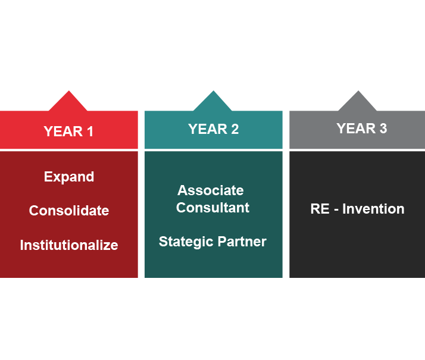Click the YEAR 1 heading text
point(68,132)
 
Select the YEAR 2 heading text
point(214,129)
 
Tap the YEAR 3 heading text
point(362,129)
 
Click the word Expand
point(69,177)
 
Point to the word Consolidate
point(69,211)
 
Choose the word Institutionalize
point(69,245)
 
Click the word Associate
point(211,190)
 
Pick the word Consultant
point(212,208)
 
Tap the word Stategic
point(186,242)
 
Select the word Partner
point(242,242)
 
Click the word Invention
point(373,209)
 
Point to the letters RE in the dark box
point(320,209)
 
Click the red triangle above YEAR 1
point(68,102)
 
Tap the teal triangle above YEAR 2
point(213,102)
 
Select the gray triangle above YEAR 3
point(358,102)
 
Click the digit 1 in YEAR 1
point(90,132)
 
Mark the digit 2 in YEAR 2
point(235,129)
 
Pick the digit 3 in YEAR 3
point(383,129)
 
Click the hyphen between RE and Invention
point(336,210)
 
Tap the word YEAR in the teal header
point(208,129)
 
